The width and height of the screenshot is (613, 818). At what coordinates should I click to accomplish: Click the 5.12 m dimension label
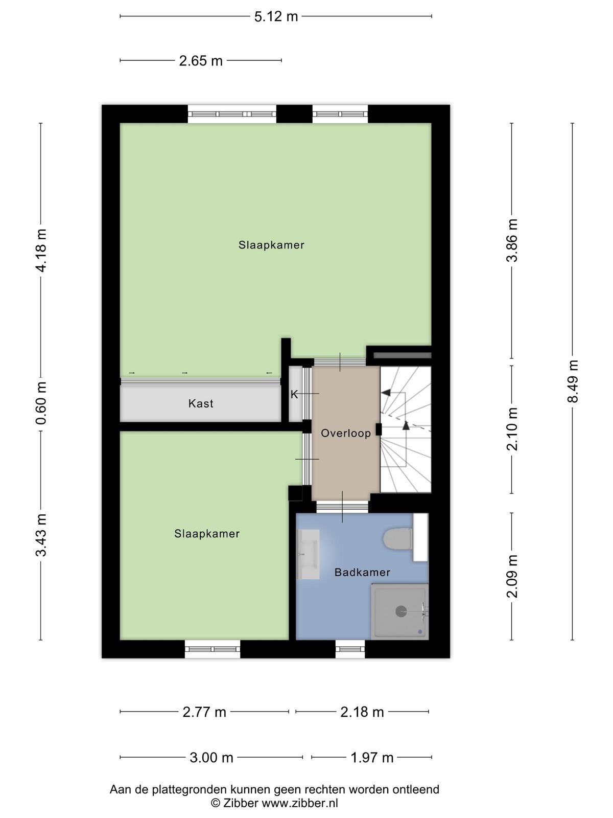(x=276, y=17)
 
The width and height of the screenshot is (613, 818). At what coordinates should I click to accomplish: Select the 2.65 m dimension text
(x=201, y=61)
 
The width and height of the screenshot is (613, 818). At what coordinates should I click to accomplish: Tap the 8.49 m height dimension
(x=573, y=381)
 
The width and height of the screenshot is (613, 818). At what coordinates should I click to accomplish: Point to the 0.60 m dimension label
(x=41, y=403)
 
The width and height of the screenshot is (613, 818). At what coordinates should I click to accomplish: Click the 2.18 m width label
(x=362, y=712)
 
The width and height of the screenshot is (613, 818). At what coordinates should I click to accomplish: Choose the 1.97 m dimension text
(x=372, y=758)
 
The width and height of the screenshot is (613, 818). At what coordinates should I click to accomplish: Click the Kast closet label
(x=201, y=403)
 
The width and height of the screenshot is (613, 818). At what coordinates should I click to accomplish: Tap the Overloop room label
(x=346, y=433)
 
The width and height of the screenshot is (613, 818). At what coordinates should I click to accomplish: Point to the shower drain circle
(x=401, y=611)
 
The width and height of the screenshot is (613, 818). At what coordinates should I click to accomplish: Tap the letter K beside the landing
(x=294, y=395)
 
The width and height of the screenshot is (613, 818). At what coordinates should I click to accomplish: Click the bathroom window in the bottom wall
(x=350, y=649)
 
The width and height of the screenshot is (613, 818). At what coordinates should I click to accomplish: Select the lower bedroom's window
(x=213, y=649)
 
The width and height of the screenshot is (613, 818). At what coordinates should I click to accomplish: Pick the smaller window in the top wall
(x=340, y=114)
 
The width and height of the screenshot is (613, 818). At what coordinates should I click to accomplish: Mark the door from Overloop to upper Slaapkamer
(x=340, y=362)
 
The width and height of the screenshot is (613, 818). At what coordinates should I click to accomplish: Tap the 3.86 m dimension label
(x=512, y=240)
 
